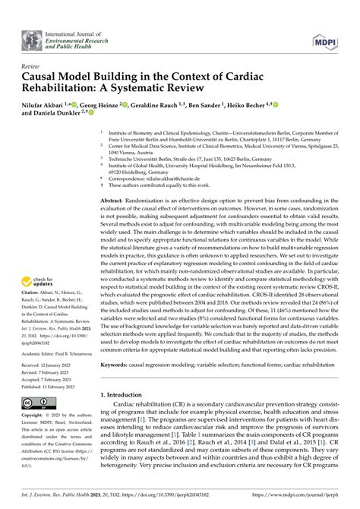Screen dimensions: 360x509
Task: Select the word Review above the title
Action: point(33,66)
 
